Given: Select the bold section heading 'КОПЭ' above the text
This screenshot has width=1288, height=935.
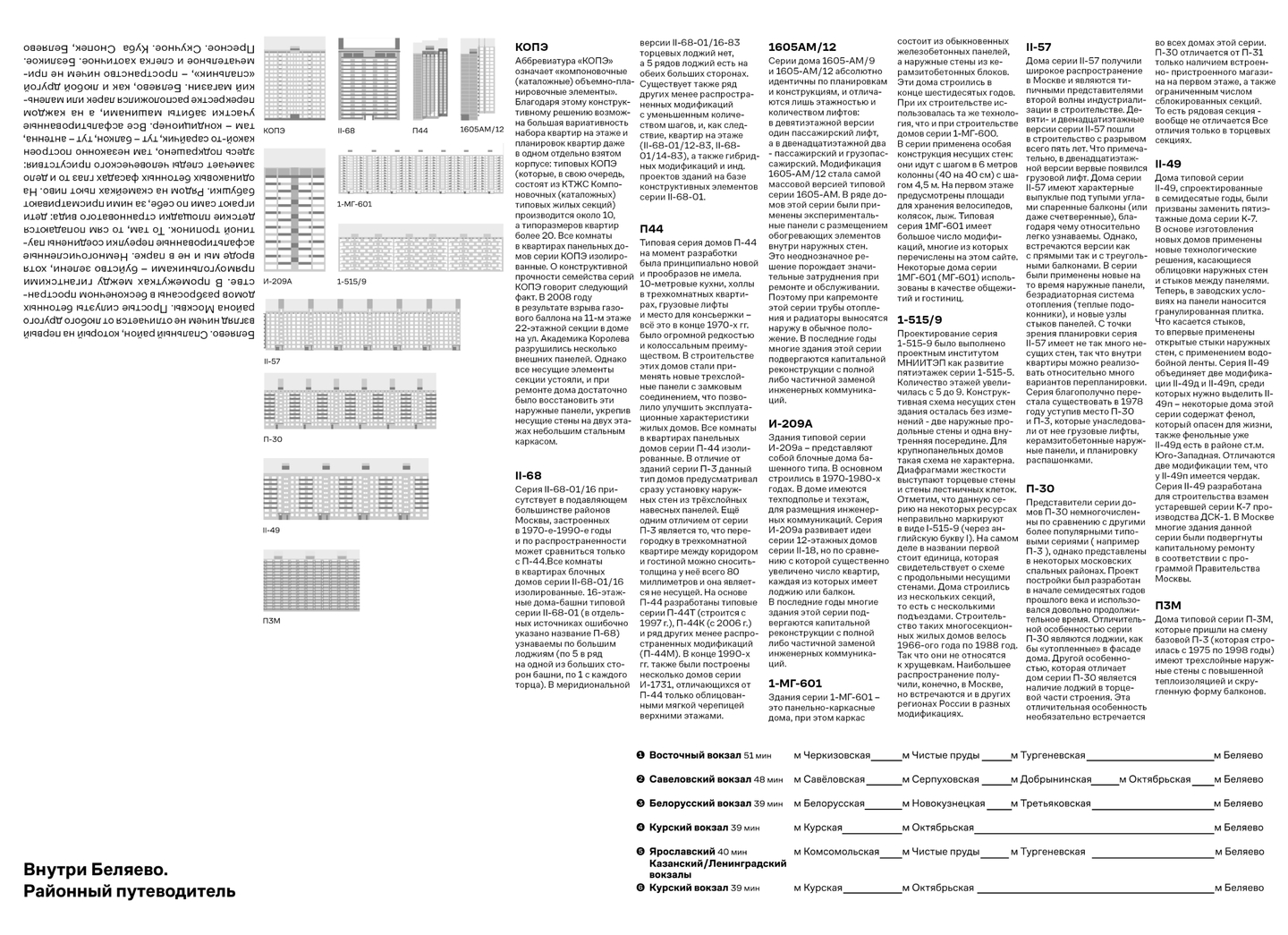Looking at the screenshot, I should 532,47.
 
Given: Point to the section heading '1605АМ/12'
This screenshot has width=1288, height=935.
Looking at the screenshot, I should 802,47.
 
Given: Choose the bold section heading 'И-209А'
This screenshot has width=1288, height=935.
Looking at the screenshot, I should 791,424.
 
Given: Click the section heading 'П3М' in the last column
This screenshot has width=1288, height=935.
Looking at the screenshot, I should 1167,606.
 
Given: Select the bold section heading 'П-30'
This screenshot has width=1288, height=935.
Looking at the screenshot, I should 1040,489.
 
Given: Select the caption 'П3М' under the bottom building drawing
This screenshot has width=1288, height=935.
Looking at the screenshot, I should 272,619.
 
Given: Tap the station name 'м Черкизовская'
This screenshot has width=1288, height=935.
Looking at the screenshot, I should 832,755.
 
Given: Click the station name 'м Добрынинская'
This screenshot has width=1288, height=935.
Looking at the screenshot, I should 1052,779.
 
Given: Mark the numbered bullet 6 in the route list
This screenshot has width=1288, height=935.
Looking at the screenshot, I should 640,888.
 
